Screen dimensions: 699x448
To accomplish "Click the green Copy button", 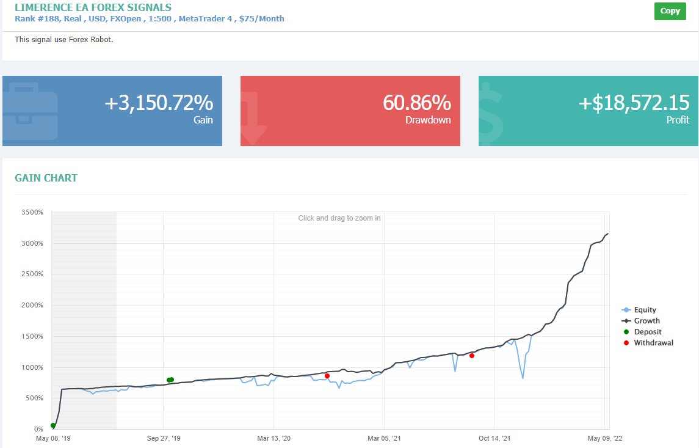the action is coord(670,11).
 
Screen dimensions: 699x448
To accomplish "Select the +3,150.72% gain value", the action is coord(159,103).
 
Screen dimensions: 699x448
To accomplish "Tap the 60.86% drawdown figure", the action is coord(417,103).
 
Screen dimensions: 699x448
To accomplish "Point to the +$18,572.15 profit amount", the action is coord(634,103).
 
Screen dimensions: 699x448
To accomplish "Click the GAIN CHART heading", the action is coord(46,178).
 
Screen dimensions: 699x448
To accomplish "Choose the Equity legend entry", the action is coord(639,310).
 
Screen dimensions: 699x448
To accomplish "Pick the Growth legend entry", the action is coord(640,321).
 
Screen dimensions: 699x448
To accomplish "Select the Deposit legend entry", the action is coord(642,332).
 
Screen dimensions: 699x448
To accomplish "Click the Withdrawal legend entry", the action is coord(648,343).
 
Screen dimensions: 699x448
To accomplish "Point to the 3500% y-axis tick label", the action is coord(32,213).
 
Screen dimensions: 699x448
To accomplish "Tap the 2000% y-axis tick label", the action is coord(32,305).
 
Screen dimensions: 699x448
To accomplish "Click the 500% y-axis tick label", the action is coord(34,398).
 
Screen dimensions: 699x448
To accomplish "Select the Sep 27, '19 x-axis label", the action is coord(164,438).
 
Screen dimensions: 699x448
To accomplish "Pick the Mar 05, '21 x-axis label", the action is coord(384,438).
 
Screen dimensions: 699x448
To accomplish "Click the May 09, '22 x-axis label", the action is coord(605,438).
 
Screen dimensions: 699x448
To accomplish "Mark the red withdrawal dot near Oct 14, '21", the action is coord(472,356).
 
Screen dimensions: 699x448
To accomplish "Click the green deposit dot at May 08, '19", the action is coord(53,425).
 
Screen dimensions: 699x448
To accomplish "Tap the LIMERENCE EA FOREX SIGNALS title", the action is coord(93,7).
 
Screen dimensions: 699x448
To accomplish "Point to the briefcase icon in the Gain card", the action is coord(31,111).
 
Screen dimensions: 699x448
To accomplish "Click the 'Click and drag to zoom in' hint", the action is coord(339,218).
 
